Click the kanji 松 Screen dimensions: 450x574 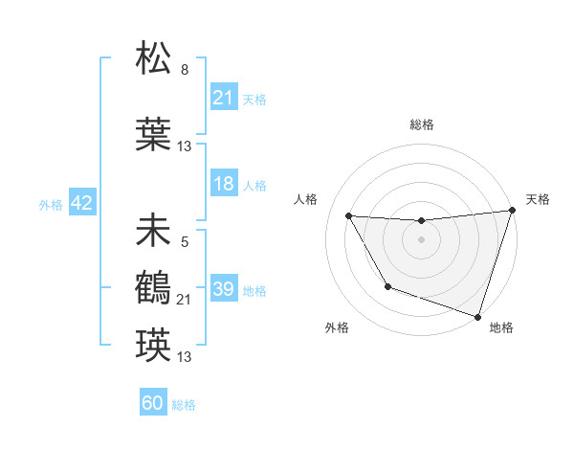coord(153,59)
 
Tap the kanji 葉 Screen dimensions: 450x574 coord(153,135)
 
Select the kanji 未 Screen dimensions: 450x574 coord(153,231)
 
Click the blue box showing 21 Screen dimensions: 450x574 coord(223,98)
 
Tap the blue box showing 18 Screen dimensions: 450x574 coord(223,185)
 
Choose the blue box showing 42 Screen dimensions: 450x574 coord(80,203)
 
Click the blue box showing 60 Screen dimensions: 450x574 coord(153,403)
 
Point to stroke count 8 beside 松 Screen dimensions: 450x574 coord(185,70)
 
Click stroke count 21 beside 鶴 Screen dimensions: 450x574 coord(185,300)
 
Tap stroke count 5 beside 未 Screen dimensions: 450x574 coord(184,242)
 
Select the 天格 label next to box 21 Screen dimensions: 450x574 coord(254,99)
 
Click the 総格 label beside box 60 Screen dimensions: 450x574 coord(185,405)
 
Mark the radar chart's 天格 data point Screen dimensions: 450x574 coord(511,212)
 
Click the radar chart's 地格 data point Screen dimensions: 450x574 coord(477,315)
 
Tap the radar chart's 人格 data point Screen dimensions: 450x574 coord(349,216)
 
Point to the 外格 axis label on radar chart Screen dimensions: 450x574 coord(337,327)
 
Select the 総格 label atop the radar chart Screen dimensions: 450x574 coord(421,124)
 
